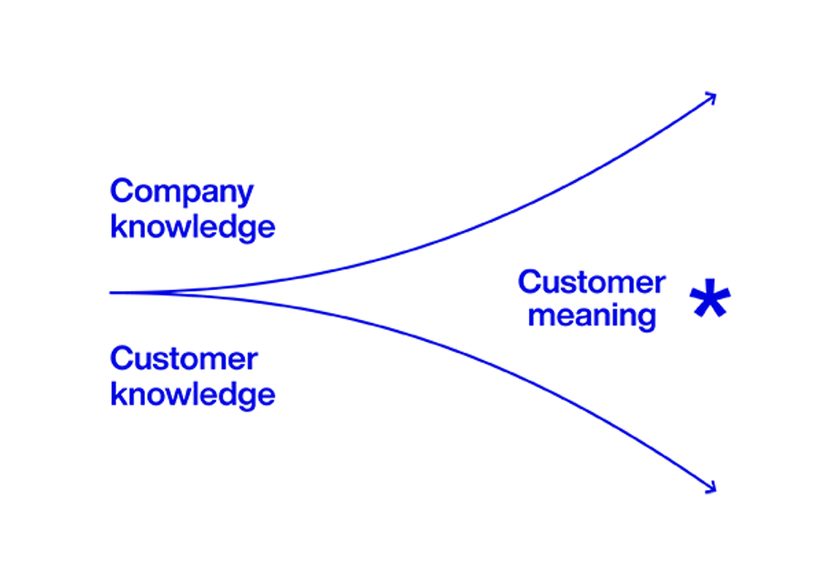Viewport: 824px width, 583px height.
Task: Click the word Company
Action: [181, 193]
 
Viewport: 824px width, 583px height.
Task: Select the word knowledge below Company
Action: [192, 226]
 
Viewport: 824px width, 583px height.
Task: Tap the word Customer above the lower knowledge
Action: [183, 359]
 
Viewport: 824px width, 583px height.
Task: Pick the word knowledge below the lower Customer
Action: [192, 393]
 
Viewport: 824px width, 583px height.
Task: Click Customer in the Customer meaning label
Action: [592, 283]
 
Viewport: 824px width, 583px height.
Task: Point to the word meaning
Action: [592, 317]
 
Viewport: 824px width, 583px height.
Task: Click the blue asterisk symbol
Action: [710, 300]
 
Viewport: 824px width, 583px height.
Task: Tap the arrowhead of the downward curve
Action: [713, 488]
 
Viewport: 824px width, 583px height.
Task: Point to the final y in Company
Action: [245, 196]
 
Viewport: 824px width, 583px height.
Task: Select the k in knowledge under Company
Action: [117, 226]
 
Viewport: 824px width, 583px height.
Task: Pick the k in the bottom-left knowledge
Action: [117, 393]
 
